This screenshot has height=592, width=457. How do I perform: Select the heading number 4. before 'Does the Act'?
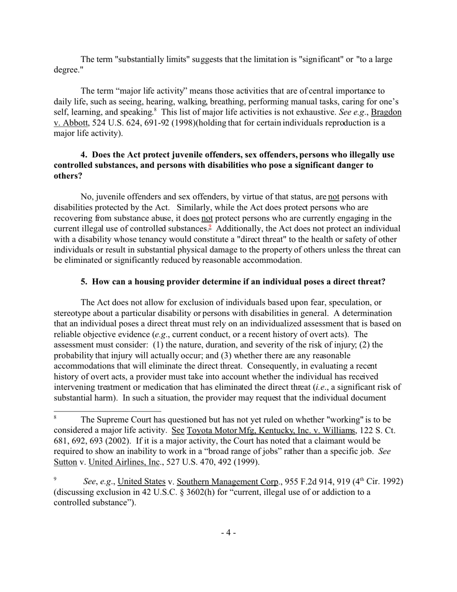(x=84, y=155)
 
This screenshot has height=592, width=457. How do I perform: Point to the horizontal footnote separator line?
(x=107, y=412)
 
